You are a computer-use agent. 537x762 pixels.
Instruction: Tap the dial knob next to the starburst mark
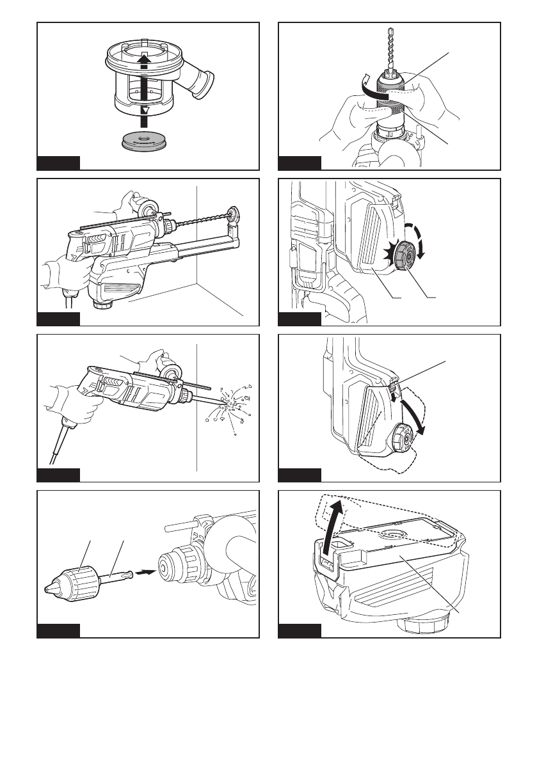[x=407, y=253]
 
